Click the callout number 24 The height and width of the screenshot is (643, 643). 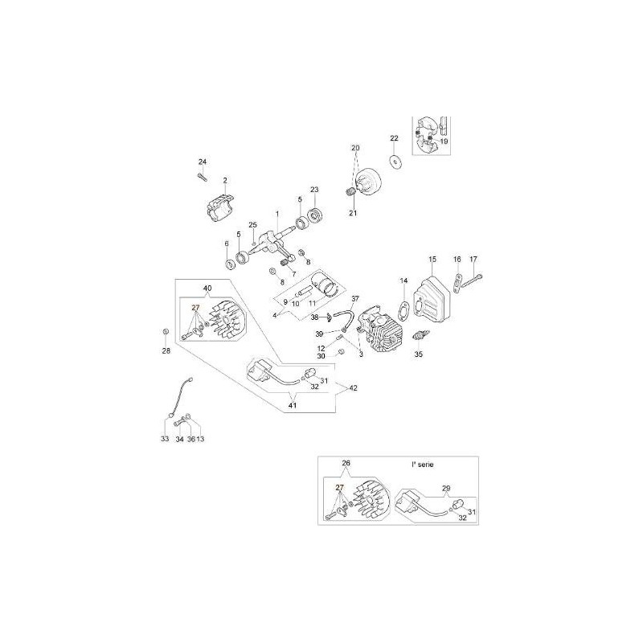pos(203,162)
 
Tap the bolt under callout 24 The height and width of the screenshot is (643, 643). pos(202,177)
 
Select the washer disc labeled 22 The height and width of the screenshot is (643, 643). pos(395,162)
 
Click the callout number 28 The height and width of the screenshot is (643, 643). pos(166,351)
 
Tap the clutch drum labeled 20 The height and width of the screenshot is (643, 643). pos(368,186)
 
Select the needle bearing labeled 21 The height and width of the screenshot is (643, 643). pos(350,192)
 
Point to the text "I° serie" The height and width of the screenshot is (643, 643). pos(423,465)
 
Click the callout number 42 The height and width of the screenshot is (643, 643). pos(353,388)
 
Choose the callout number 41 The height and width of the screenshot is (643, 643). pos(293,406)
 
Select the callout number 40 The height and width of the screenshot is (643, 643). pos(207,289)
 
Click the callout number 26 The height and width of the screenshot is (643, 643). pos(346,463)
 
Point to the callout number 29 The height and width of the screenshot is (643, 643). pos(447,488)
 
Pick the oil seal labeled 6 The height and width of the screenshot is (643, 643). pos(231,264)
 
